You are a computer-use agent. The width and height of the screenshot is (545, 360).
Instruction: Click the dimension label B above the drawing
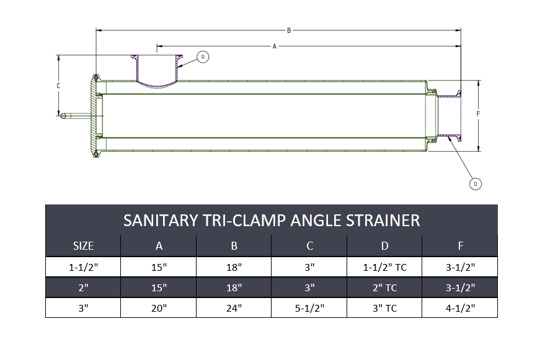288,30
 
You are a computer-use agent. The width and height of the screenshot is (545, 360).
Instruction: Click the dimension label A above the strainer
274,46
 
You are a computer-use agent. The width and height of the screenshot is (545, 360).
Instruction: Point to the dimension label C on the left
58,86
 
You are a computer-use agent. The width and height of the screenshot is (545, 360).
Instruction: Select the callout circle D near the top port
203,57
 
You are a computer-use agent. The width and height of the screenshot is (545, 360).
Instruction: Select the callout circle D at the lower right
475,183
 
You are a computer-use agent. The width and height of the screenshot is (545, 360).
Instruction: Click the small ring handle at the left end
63,115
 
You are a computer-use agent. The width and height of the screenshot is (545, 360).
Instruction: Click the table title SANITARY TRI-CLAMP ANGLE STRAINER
272,220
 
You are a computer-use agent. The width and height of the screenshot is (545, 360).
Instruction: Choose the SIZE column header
83,246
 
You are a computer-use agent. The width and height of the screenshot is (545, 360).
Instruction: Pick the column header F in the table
460,246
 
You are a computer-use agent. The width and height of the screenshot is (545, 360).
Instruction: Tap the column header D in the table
384,246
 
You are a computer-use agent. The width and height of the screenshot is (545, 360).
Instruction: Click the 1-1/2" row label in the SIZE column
83,266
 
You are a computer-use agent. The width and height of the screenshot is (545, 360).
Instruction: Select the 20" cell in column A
159,308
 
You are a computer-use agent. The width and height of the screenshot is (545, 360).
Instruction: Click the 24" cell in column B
234,308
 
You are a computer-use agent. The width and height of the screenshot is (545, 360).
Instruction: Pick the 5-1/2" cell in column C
309,308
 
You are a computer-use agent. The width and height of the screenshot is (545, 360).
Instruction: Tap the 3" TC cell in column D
384,308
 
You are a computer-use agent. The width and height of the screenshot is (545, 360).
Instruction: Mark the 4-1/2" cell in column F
460,308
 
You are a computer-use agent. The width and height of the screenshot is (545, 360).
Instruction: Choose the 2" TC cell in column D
384,288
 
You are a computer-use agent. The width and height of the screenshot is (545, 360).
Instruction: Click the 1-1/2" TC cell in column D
384,266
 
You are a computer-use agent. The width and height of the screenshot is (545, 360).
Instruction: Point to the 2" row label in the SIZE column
83,288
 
